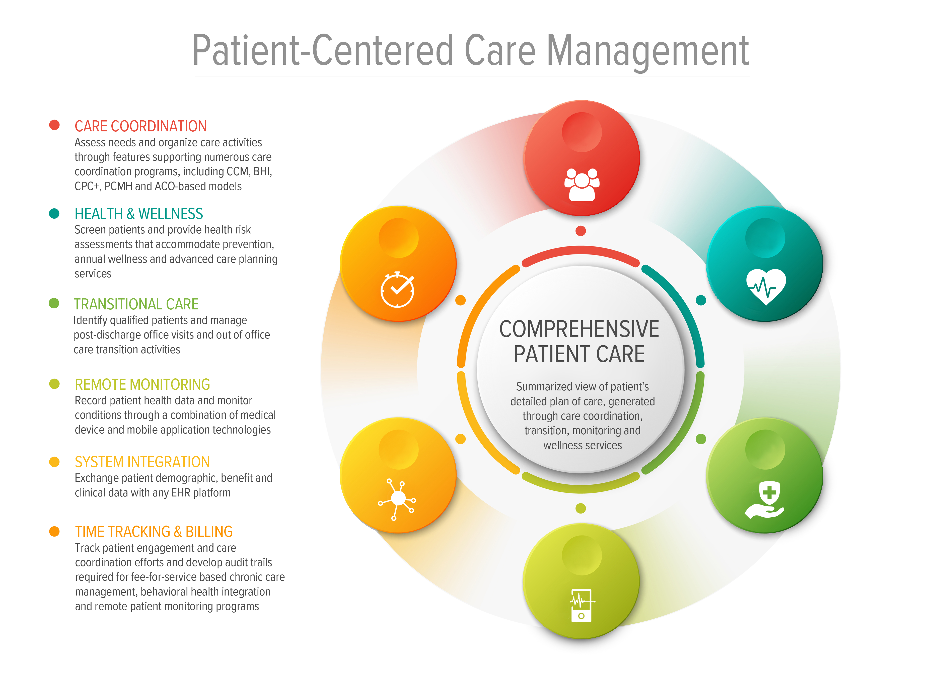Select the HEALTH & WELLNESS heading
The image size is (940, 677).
click(x=138, y=214)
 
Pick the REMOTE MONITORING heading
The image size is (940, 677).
click(x=142, y=384)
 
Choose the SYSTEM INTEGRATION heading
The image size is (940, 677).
click(x=142, y=462)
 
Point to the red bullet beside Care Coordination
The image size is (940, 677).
click(x=54, y=125)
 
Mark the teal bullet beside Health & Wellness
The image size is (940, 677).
click(x=54, y=213)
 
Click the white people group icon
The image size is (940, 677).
click(x=582, y=184)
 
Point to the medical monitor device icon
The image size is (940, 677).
click(x=582, y=605)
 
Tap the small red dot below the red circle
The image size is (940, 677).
click(x=581, y=231)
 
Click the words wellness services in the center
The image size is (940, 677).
click(x=582, y=445)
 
